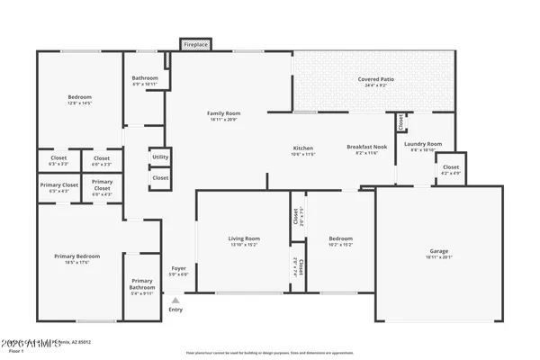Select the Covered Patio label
point(375,79)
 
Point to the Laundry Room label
point(422,144)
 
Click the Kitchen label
point(302,148)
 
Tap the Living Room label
point(243,238)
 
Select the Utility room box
point(160,157)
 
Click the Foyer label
point(178,268)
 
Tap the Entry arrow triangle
point(175,301)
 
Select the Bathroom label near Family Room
point(145,78)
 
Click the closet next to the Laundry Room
point(451,167)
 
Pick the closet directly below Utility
point(160,178)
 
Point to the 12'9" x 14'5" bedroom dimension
point(80,103)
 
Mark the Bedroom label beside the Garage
point(341,238)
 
